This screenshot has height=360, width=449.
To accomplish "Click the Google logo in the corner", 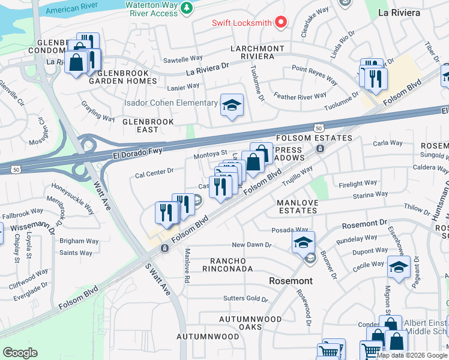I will [20, 352].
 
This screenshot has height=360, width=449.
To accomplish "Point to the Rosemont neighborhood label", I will [291, 281].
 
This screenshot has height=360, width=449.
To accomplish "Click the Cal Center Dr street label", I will [154, 171].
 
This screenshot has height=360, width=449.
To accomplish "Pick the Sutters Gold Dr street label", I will [242, 298].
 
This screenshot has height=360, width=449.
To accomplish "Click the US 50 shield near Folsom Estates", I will [319, 128].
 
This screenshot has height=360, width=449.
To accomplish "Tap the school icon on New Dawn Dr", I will [304, 242].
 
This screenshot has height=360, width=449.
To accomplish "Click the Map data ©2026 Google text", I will [412, 355].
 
